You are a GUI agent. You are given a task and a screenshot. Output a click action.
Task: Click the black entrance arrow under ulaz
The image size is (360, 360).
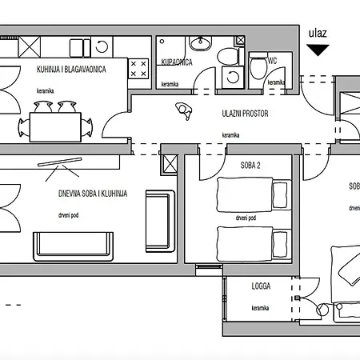point(318,50)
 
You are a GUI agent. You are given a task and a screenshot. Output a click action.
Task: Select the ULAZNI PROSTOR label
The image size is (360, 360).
point(245,114)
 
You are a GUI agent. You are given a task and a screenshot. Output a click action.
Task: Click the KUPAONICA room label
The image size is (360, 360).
point(176,62)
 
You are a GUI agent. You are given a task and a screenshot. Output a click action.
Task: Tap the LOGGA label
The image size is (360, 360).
point(262,285)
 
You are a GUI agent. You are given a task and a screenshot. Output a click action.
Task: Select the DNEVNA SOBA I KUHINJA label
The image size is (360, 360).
point(103,193)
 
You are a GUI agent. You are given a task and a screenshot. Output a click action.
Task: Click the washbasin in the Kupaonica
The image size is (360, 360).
point(200,44)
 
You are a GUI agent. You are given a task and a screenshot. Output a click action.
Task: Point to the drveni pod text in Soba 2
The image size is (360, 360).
point(246,218)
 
